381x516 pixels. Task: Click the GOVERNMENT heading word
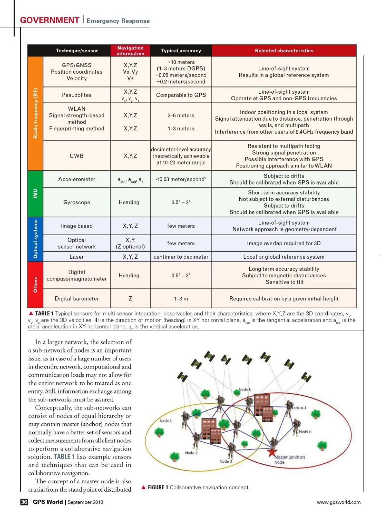[x=50, y=20]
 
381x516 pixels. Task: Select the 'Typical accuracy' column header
[x=181, y=51]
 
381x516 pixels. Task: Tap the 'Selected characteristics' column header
[x=284, y=51]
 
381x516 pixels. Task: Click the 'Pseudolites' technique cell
[x=77, y=95]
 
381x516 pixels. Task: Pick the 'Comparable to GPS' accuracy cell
[x=181, y=95]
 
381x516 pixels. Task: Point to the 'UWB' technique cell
[x=77, y=156]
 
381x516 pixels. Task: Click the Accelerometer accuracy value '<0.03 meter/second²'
[x=181, y=179]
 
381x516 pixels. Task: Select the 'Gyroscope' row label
[x=77, y=202]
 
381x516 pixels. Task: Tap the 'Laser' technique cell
[x=77, y=257]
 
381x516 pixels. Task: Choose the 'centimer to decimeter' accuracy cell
[x=181, y=257]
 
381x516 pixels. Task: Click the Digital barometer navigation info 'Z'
[x=130, y=299]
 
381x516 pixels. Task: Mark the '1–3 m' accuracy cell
[x=181, y=299]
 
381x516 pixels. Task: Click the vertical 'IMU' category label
[x=35, y=194]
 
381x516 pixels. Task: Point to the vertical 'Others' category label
[x=35, y=284]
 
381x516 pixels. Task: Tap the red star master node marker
[x=271, y=452]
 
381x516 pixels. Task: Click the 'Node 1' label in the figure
[x=165, y=421]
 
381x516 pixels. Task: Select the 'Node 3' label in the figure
[x=226, y=461]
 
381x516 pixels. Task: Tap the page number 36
[x=24, y=502]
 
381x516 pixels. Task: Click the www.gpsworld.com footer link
[x=338, y=502]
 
